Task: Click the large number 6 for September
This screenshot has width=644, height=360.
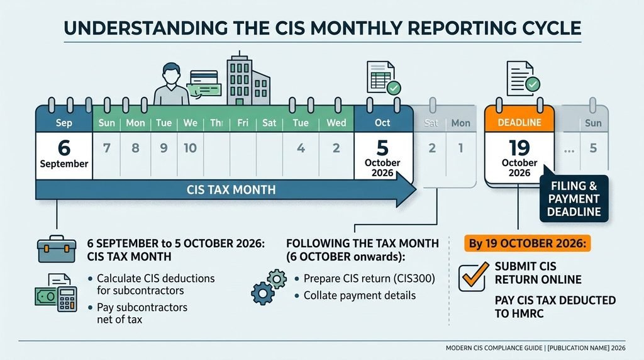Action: pos(64,148)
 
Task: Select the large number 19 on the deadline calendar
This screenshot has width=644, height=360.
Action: pos(519,148)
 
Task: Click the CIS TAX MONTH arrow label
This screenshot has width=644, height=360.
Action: pos(231,190)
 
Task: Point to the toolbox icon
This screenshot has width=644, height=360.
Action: pos(56,249)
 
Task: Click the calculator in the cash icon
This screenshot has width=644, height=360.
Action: pos(67,299)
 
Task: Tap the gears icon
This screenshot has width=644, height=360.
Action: pos(269,287)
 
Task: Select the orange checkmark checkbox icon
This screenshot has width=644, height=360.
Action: pos(474,276)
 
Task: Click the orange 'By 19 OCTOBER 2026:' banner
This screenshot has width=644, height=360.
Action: pos(528,244)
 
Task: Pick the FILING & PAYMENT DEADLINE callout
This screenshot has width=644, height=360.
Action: pos(574,198)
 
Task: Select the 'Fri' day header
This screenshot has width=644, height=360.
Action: pos(243,123)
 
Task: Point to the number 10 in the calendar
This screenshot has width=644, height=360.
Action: pos(190,148)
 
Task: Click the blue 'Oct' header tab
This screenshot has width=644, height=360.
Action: pos(382,123)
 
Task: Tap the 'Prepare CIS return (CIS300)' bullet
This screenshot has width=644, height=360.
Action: pos(369,279)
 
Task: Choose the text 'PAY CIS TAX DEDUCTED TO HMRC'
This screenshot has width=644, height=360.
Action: pos(555,307)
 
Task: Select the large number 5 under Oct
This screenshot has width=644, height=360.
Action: pos(382,148)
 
